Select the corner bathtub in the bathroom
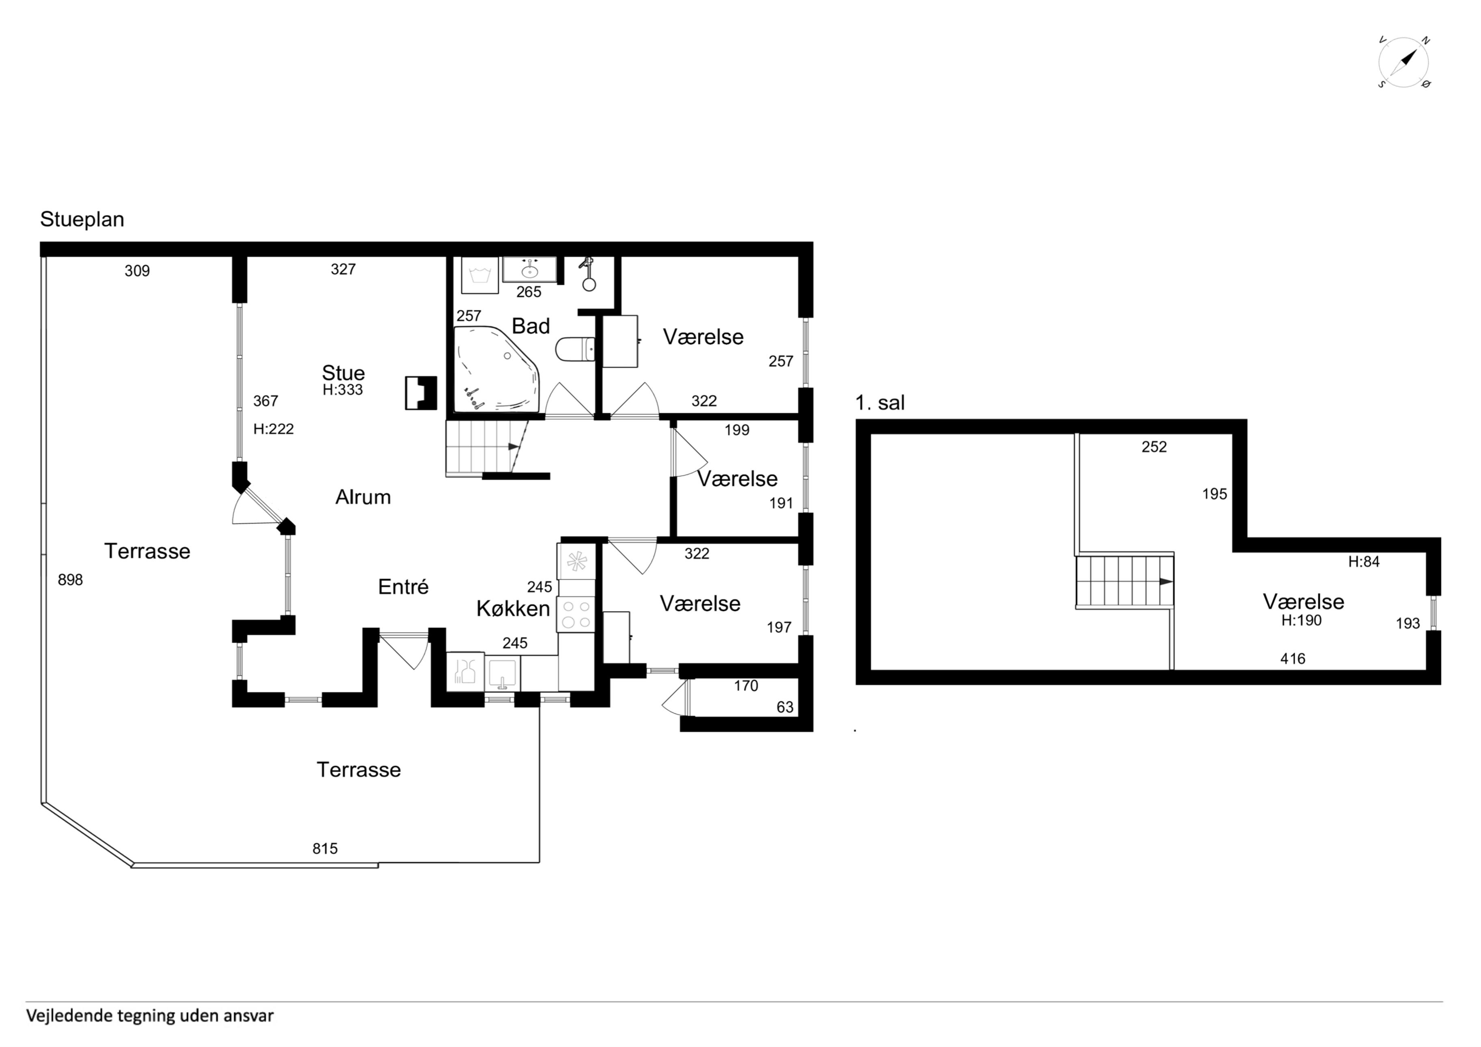(497, 368)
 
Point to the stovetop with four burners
(576, 614)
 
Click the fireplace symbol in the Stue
(421, 393)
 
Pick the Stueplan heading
(82, 219)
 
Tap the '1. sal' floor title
(880, 403)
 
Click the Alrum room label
(363, 497)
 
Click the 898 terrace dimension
(70, 580)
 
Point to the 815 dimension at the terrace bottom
(325, 849)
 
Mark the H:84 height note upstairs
(1364, 562)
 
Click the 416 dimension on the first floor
(1293, 658)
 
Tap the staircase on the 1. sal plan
(1124, 581)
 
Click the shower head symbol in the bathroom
(587, 275)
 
